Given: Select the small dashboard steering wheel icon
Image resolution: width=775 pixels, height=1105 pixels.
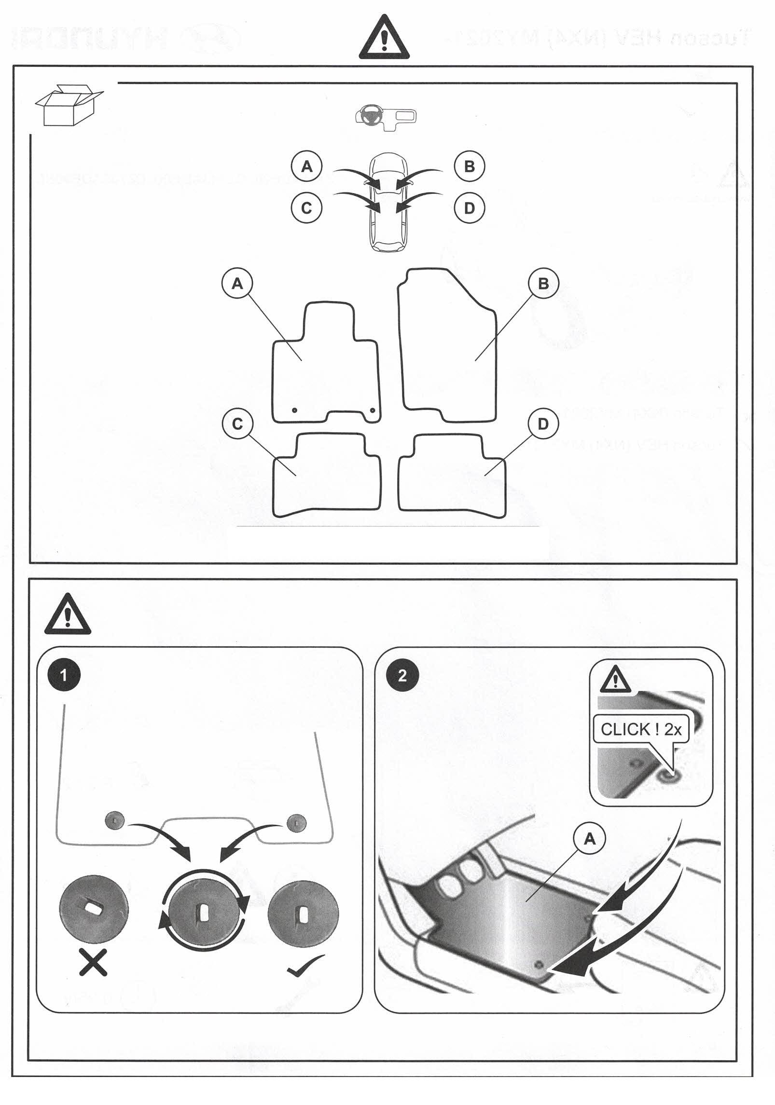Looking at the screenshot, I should click(385, 117).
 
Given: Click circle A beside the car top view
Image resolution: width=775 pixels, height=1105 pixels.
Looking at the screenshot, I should click(306, 167).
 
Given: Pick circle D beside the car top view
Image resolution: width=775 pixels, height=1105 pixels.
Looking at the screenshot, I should click(469, 208).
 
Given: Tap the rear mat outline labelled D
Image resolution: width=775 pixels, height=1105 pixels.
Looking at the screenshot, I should click(452, 475).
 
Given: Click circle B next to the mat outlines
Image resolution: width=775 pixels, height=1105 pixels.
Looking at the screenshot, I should click(543, 284).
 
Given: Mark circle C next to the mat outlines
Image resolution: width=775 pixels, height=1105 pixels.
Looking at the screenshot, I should click(237, 423).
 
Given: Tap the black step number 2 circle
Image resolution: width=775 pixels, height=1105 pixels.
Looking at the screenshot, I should click(402, 675).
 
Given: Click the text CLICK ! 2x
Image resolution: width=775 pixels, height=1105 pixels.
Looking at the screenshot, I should click(640, 729).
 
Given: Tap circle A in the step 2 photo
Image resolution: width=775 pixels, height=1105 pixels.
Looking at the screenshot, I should click(589, 840).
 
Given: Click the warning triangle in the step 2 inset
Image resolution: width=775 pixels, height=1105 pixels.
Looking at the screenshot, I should click(615, 680).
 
